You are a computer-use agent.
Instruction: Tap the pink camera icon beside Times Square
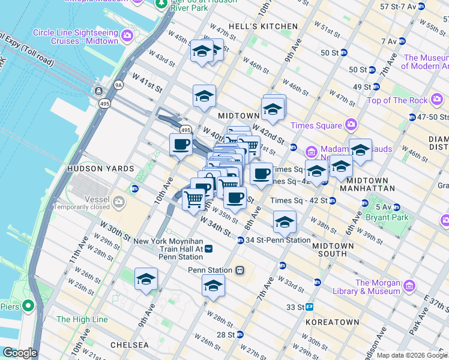click(x=351, y=125)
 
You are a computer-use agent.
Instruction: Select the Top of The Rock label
click(x=397, y=100)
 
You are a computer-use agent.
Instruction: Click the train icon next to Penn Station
click(x=240, y=270)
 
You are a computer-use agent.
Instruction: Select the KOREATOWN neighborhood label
click(x=332, y=322)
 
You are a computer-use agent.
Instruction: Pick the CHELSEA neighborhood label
click(x=130, y=345)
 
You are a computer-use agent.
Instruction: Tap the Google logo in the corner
click(x=19, y=353)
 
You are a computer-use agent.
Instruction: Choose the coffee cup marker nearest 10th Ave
click(x=181, y=144)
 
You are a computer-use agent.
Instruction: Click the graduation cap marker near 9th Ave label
click(x=145, y=279)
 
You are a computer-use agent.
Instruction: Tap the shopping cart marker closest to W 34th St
click(x=193, y=198)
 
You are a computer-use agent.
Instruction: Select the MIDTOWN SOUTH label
click(x=329, y=249)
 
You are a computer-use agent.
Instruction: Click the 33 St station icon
click(x=309, y=307)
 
